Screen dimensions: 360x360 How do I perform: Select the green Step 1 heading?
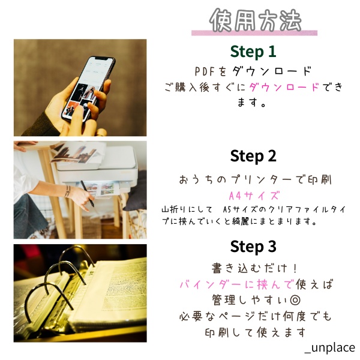point(253,51)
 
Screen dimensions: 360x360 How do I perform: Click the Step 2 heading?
point(253,156)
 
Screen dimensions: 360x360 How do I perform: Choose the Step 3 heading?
point(253,247)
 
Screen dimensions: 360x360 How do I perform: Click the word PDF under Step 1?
point(206,71)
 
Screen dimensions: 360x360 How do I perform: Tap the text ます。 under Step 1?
point(253,103)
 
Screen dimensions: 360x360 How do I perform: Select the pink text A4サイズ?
point(254,196)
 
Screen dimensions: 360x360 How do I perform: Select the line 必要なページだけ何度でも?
point(254,316)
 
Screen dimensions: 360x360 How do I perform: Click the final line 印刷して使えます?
point(254,332)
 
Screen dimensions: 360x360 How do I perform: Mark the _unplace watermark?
point(329,348)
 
